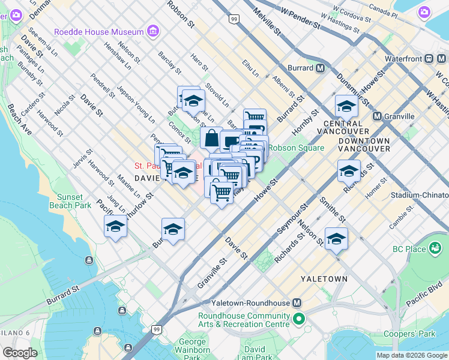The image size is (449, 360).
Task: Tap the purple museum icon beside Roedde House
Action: [x=153, y=31]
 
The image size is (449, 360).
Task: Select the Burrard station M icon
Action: [x=321, y=68]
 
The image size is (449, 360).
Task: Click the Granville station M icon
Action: [x=377, y=116]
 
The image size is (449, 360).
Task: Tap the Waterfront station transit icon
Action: [x=430, y=59]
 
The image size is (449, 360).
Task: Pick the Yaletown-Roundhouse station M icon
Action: [x=297, y=303]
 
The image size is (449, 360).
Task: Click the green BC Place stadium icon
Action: [x=436, y=248]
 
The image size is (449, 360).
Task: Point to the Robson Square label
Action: [x=296, y=148]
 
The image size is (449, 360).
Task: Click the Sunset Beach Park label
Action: [x=74, y=201]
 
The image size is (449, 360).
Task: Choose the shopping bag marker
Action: [x=211, y=139]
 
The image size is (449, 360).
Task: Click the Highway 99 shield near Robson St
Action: [x=234, y=20]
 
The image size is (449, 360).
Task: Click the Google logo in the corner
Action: [x=20, y=353]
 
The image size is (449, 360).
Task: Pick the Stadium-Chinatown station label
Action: [x=419, y=195]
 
